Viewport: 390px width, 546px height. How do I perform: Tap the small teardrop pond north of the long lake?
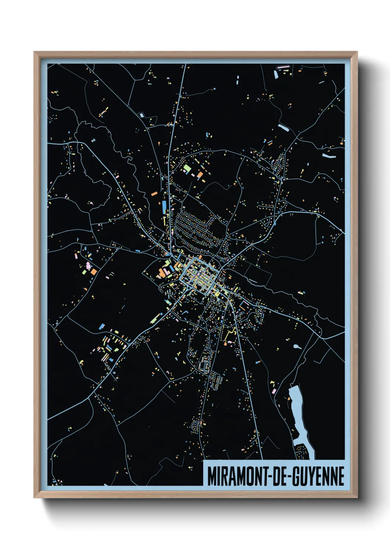click(x=297, y=347)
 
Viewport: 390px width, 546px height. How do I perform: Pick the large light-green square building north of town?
click(x=187, y=170)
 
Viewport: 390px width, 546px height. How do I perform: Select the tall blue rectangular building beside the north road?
click(x=164, y=208)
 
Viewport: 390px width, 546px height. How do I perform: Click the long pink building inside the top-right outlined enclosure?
click(x=283, y=67)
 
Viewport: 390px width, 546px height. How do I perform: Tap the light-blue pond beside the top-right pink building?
click(x=276, y=75)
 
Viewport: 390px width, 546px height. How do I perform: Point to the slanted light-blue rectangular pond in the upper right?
click(x=283, y=128)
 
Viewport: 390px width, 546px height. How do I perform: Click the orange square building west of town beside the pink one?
click(x=94, y=272)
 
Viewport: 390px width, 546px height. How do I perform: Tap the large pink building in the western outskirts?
click(x=88, y=265)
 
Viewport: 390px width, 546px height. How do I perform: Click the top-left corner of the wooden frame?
click(x=34, y=52)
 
